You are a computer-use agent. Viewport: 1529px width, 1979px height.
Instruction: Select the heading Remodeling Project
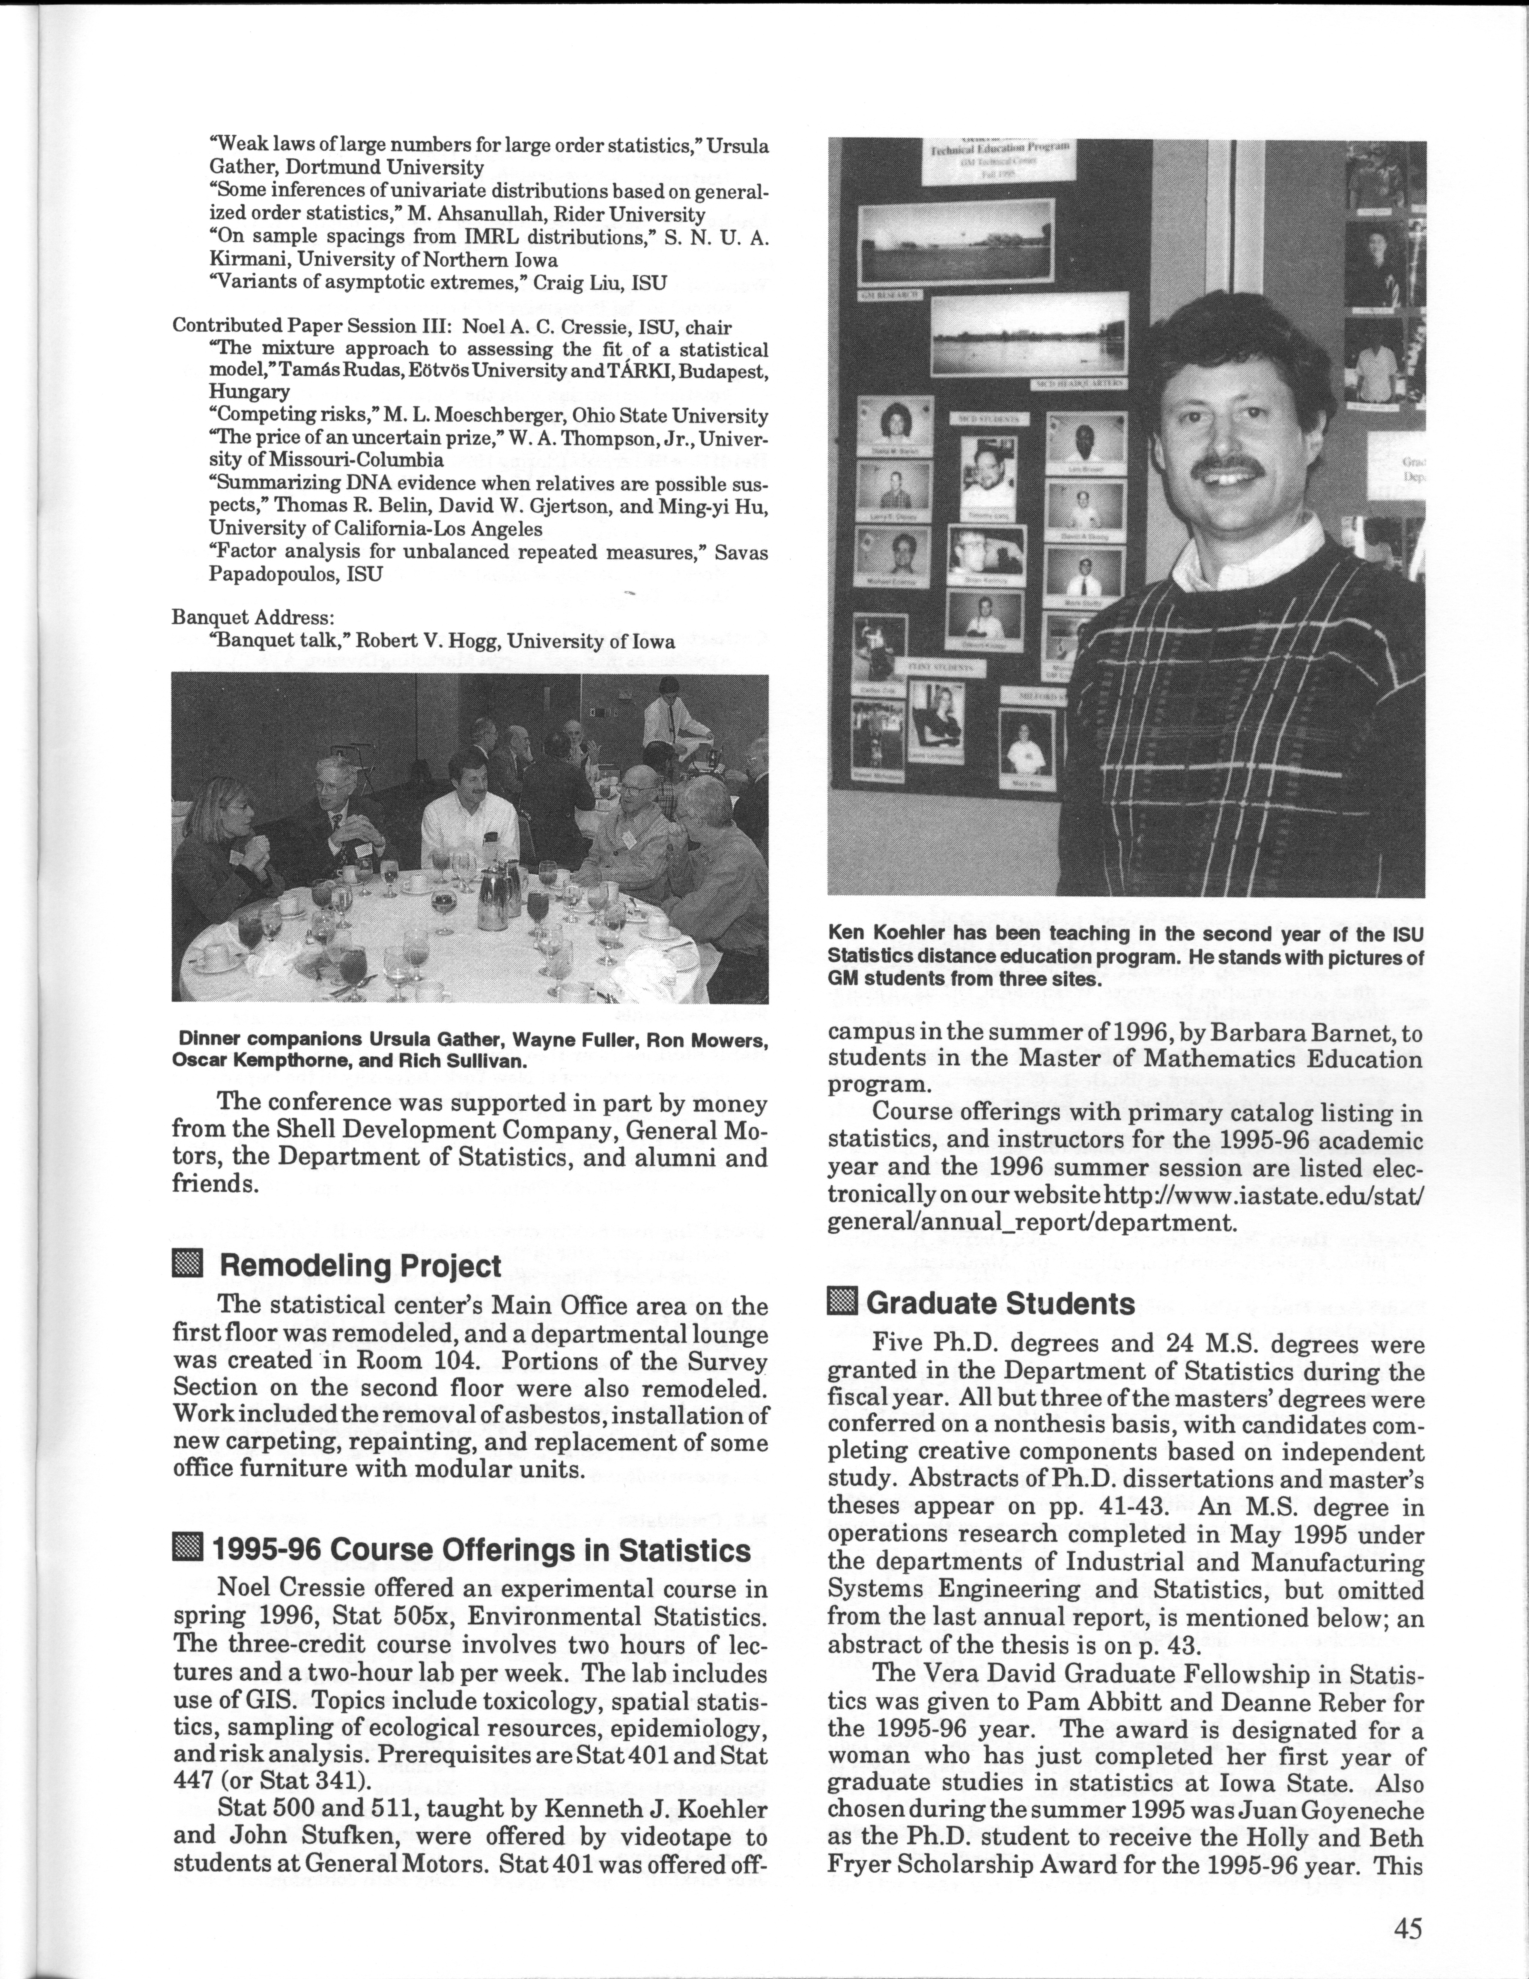pos(359,1266)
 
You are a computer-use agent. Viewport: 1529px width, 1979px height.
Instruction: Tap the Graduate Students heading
pos(1000,1303)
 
